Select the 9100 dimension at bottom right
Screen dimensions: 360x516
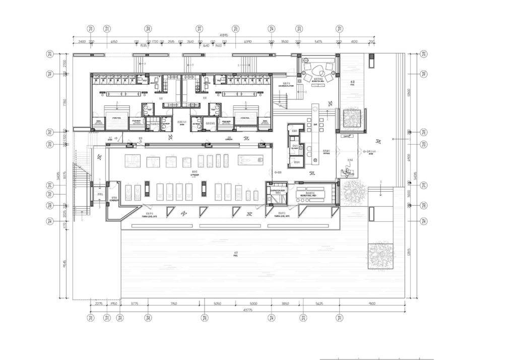[x=372, y=304]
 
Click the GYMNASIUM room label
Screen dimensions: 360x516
[x=194, y=172]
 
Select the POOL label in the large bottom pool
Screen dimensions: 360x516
[x=236, y=255]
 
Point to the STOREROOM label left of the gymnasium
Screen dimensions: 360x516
[x=114, y=199]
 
